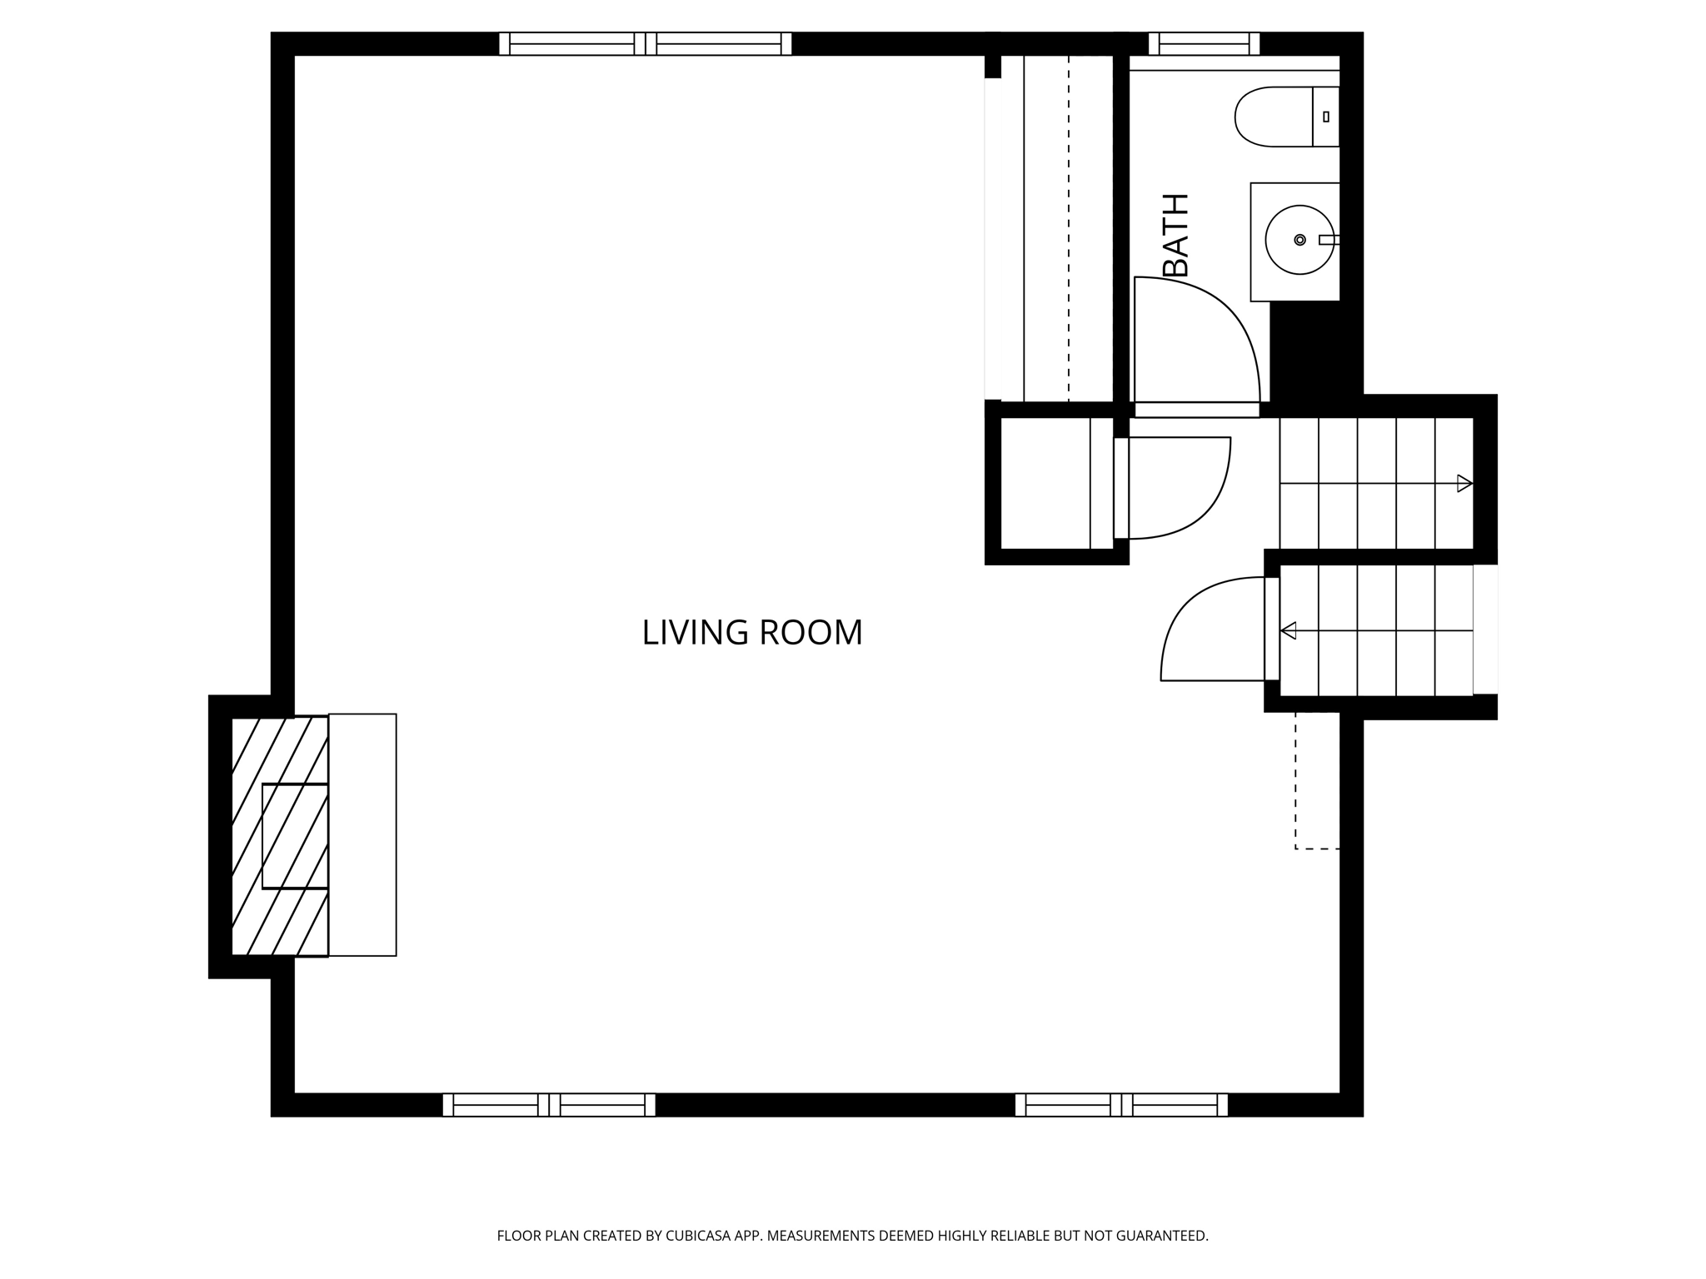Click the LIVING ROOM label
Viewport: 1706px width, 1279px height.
752,633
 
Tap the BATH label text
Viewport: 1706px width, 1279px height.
1175,235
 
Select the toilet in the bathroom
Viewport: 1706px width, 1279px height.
1287,117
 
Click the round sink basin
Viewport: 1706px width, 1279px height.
1299,240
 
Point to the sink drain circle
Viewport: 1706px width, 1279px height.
1299,240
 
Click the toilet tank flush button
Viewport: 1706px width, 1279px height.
1326,117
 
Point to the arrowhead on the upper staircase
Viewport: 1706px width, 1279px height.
1464,483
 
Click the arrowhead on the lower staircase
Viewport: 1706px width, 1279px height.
1288,630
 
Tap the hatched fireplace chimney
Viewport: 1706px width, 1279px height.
279,836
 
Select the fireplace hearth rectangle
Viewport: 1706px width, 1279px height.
362,834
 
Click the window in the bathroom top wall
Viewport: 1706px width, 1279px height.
1204,43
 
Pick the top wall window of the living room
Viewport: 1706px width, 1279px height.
645,43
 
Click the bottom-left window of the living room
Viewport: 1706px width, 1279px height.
549,1105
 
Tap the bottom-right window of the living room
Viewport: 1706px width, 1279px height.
1121,1105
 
